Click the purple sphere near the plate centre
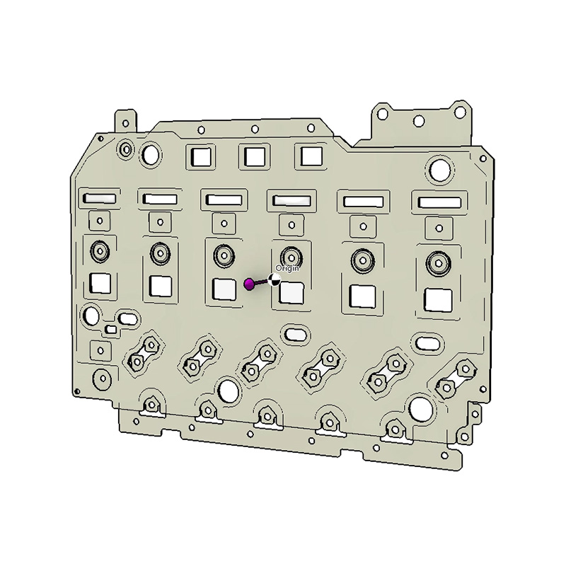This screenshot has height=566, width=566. (249, 284)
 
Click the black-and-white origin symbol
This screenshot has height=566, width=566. (275, 279)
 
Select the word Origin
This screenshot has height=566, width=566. (287, 268)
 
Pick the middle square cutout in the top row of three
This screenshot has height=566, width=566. (255, 156)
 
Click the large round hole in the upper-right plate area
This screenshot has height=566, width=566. (440, 171)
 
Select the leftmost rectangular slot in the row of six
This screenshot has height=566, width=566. (100, 198)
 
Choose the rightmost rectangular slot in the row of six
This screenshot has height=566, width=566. (439, 202)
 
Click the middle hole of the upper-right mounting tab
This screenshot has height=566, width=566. (419, 121)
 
